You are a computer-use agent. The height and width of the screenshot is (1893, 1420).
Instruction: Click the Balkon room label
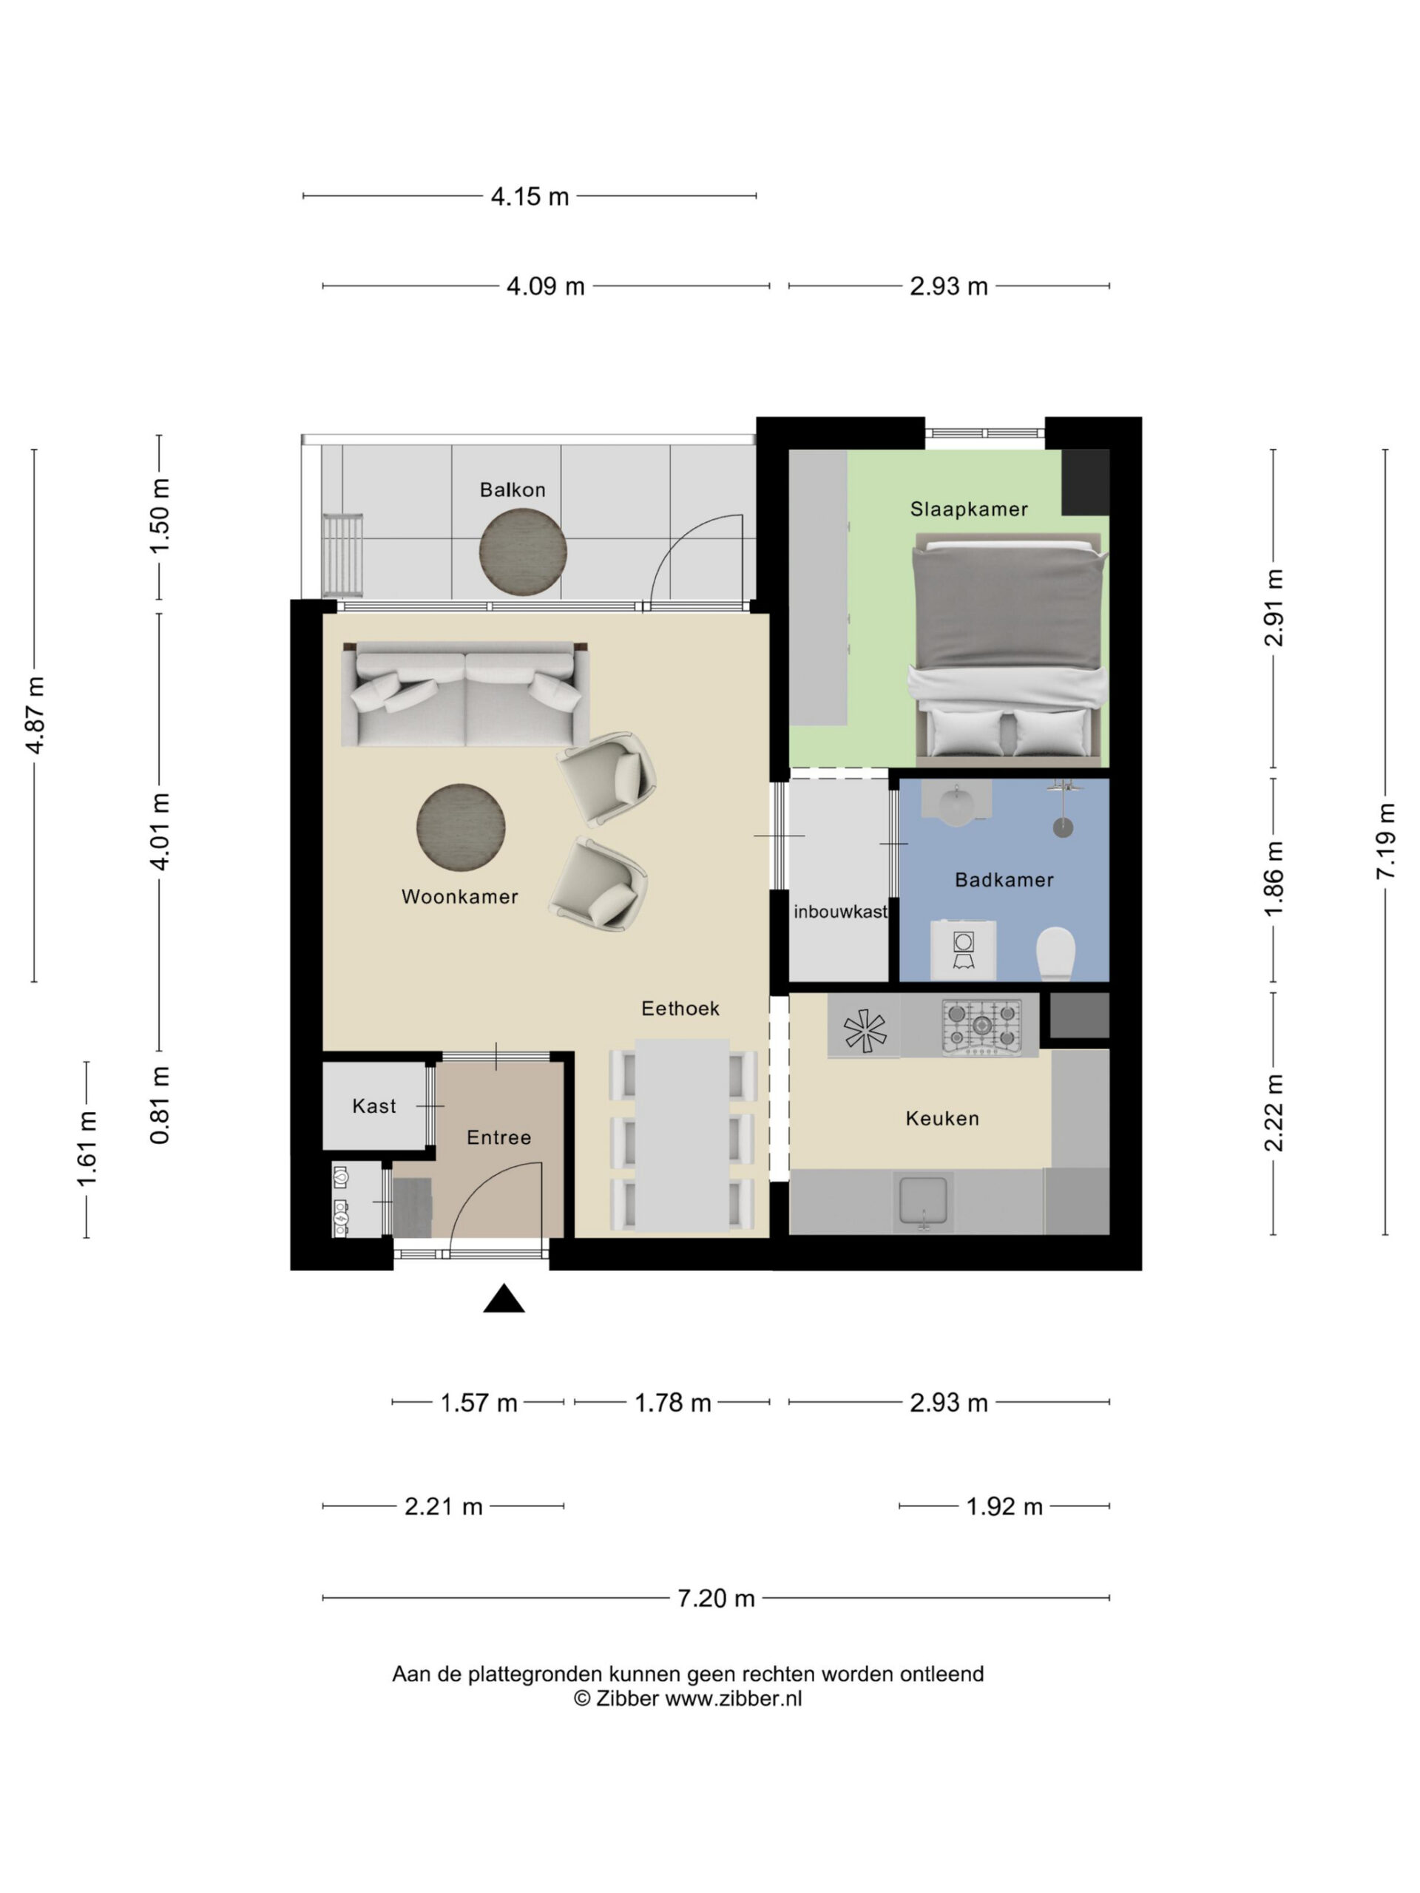[512, 490]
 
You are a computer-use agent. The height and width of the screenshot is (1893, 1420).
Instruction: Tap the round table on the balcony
[522, 552]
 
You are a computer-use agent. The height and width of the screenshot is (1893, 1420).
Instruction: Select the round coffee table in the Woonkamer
[461, 827]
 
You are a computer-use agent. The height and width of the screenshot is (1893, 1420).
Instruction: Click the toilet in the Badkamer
[1055, 953]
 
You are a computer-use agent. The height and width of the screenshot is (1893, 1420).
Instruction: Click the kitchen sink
[923, 1202]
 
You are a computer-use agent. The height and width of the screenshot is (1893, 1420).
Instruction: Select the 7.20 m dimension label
[716, 1598]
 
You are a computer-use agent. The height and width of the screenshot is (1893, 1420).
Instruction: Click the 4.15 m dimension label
[529, 196]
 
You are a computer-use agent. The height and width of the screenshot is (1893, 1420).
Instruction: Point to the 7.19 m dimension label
[1385, 841]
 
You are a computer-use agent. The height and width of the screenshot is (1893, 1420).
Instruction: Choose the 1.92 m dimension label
[1004, 1506]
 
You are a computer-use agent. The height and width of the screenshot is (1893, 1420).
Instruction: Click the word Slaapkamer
[968, 509]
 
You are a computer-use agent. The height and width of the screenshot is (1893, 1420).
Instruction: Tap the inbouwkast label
[839, 912]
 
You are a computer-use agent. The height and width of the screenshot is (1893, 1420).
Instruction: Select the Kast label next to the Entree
[374, 1105]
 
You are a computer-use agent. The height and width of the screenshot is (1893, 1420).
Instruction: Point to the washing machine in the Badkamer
[963, 950]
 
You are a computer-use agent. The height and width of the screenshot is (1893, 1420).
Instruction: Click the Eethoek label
[680, 1008]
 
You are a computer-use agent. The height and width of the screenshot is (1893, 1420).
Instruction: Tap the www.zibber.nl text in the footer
[734, 1699]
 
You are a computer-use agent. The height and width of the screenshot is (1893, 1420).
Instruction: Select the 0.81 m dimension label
[160, 1105]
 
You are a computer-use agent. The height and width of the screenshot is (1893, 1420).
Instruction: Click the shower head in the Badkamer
[1062, 827]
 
